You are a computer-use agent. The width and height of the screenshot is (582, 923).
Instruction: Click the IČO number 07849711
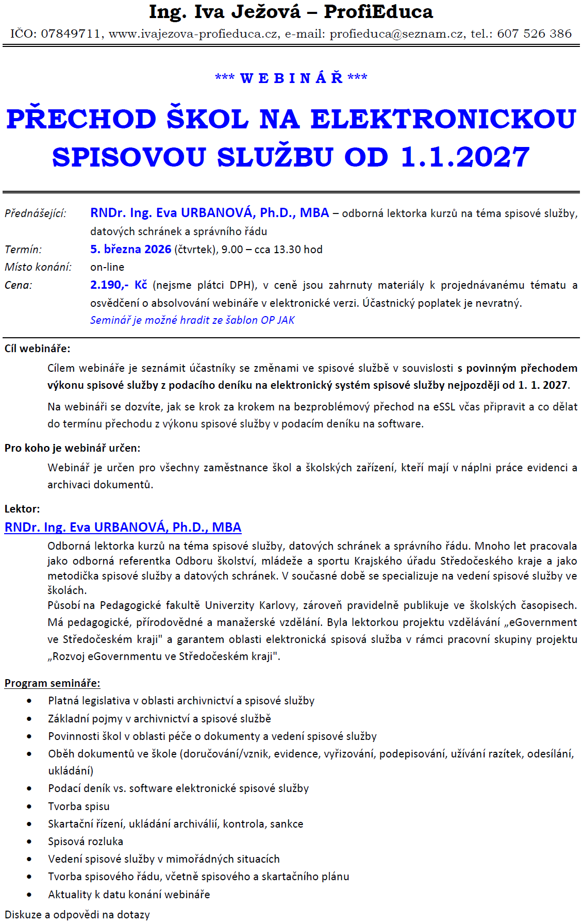71,34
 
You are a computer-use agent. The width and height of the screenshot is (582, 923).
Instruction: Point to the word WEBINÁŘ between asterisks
291,78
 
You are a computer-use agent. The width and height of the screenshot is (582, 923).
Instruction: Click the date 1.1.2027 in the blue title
465,157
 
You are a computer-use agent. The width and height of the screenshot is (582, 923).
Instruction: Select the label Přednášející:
36,213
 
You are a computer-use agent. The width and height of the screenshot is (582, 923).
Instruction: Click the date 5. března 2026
130,250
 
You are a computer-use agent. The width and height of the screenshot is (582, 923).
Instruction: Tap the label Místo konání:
38,267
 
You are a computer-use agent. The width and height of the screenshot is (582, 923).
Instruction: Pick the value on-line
107,267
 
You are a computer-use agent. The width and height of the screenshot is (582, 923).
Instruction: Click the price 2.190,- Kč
119,285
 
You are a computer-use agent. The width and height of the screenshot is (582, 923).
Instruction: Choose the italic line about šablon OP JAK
192,320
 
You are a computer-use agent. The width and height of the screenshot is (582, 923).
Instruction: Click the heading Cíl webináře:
38,349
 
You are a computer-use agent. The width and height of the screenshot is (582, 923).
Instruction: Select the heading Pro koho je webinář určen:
73,448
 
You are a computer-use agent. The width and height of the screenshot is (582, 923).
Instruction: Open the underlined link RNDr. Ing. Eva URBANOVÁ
123,528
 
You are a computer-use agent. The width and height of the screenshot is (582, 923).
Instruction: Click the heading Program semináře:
53,683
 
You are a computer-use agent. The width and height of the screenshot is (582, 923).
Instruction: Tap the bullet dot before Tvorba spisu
29,806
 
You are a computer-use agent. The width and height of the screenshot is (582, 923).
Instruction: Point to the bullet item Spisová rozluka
86,842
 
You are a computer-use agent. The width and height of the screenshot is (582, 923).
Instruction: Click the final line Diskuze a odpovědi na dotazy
77,915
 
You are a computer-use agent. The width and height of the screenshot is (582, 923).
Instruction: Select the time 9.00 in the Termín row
232,250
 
